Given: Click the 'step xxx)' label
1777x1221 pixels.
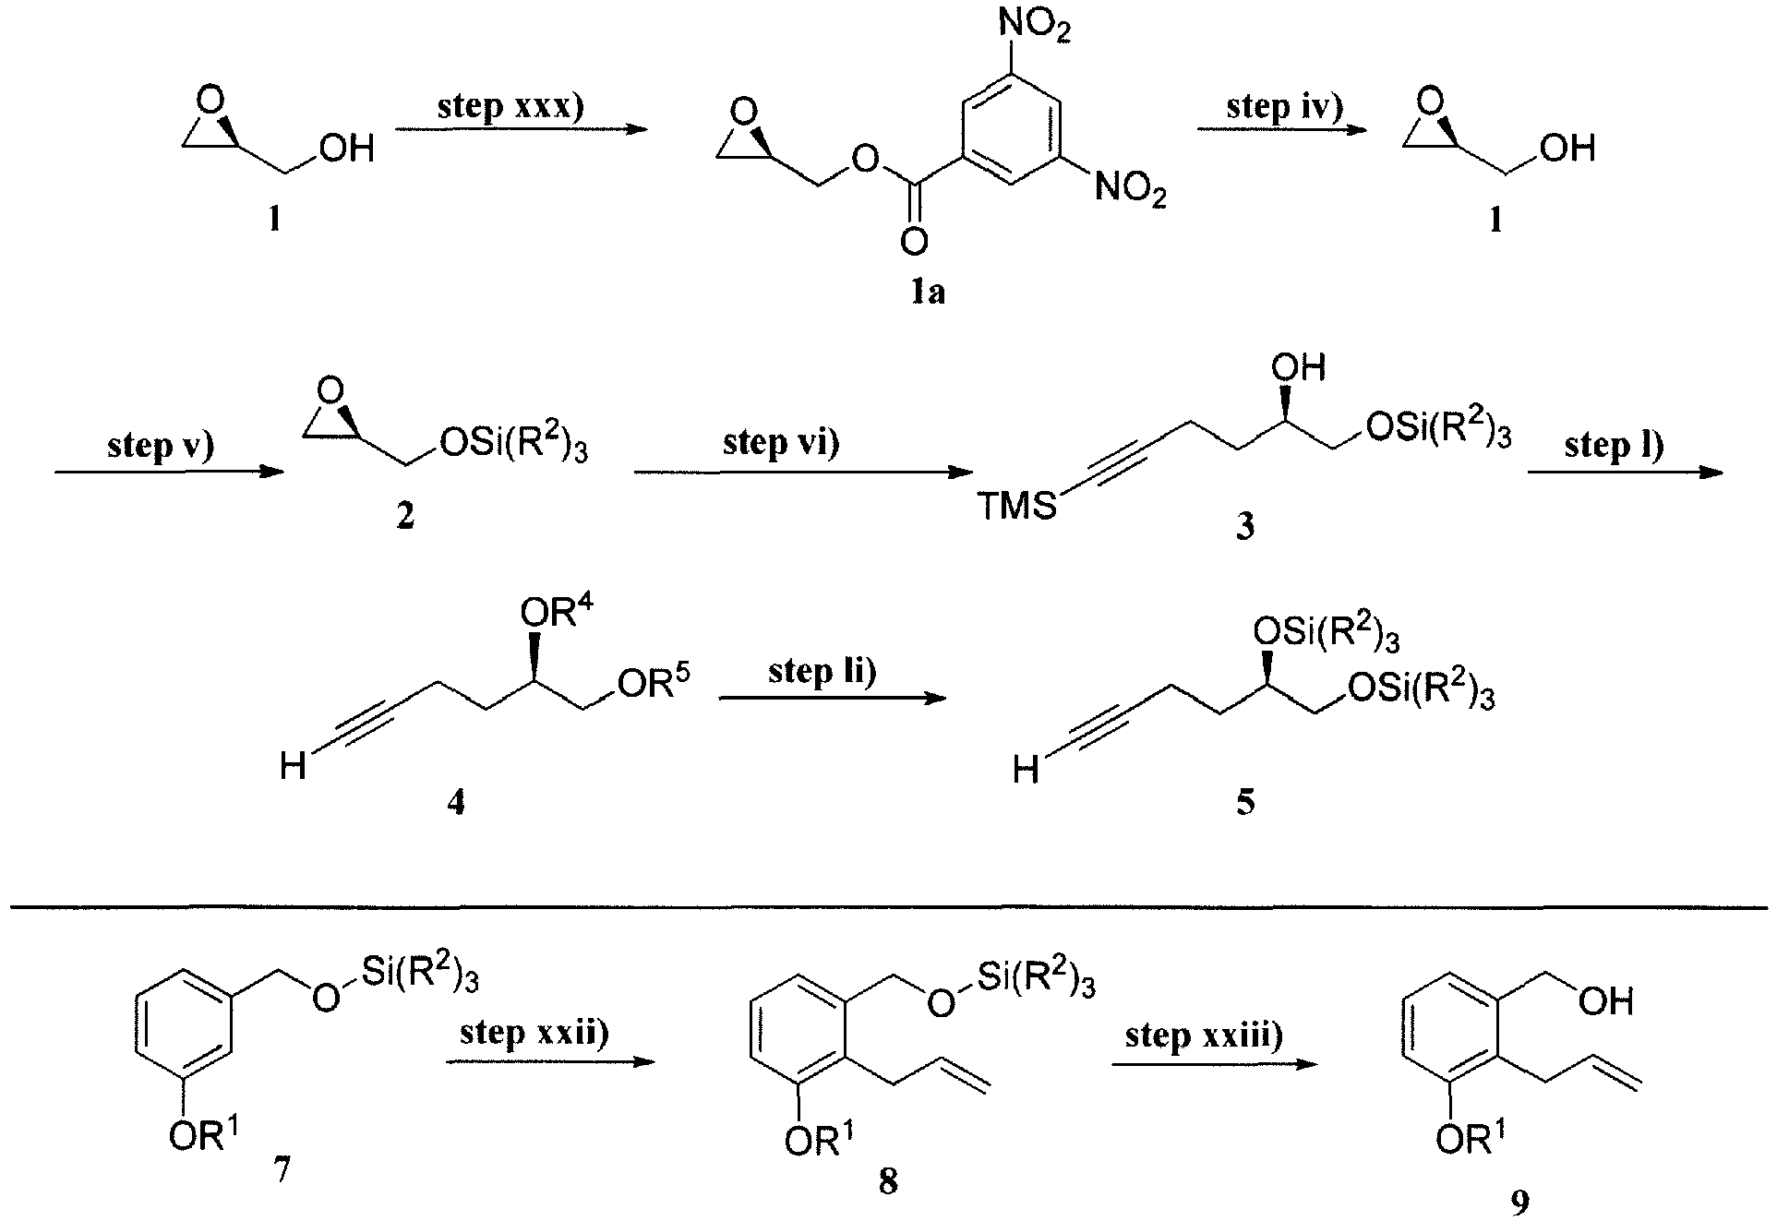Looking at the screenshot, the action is pyautogui.click(x=510, y=106).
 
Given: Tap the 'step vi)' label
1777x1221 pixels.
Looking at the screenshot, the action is pyautogui.click(x=782, y=442).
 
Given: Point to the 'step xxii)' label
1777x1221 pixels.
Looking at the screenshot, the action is pyautogui.click(x=535, y=1033).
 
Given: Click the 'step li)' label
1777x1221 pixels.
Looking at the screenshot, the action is pyautogui.click(x=822, y=672).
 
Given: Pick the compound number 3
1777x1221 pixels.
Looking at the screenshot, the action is pyautogui.click(x=1245, y=527).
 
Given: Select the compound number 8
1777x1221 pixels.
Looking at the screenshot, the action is pyautogui.click(x=888, y=1180).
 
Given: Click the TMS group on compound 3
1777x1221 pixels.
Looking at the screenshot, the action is pyautogui.click(x=1018, y=506).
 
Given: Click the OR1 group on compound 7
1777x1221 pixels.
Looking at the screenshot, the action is pyautogui.click(x=202, y=1133).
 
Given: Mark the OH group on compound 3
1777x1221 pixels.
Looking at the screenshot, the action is pyautogui.click(x=1298, y=368).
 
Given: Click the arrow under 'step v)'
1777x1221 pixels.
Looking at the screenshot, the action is pyautogui.click(x=168, y=473).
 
